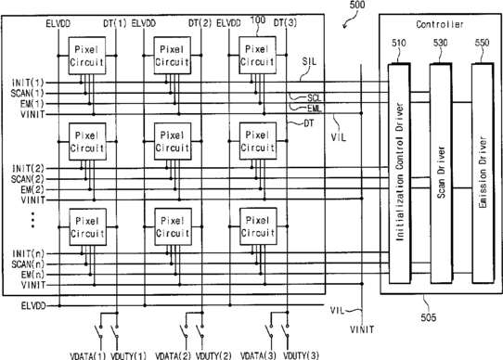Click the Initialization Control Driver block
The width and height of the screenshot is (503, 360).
399,174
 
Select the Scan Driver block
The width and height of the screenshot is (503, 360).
441,174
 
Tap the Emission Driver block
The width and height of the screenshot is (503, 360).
483,174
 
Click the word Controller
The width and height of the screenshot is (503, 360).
440,24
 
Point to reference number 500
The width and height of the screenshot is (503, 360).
356,5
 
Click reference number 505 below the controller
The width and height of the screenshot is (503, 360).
429,317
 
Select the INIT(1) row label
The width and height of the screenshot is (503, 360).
28,83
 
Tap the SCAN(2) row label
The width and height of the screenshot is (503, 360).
27,179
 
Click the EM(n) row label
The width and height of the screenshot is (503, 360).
33,275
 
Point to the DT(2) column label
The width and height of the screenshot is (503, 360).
200,23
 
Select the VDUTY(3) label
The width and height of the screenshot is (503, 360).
301,355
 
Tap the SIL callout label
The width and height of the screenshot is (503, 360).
309,61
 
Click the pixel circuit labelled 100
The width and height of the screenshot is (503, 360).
258,55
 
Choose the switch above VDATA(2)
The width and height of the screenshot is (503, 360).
184,331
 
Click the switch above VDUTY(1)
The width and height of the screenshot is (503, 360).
115,331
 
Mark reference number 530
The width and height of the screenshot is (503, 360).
441,43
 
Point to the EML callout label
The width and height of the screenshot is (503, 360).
315,109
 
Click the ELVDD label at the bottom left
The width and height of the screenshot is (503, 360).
33,306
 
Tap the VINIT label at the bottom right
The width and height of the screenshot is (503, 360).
362,329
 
